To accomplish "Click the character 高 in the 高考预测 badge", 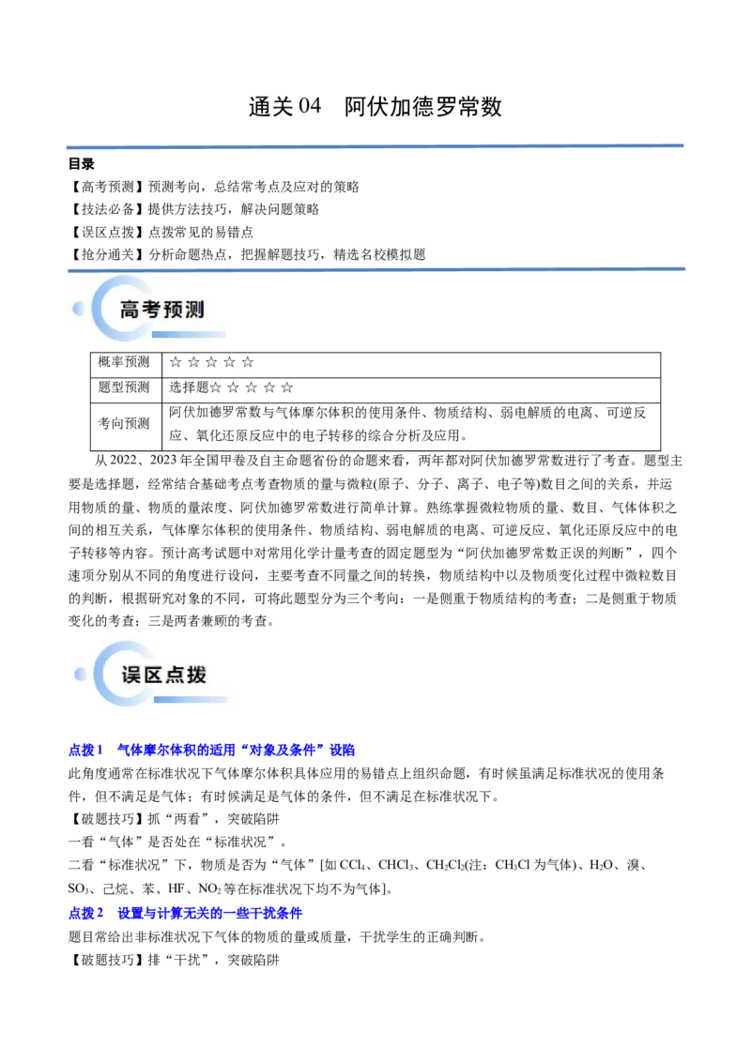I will pos(130,310).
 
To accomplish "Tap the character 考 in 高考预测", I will pos(151,310).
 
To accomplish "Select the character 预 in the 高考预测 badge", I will pos(173,310).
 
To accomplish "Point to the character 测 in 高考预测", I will pos(194,310).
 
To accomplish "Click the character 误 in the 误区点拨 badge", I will pos(131,675).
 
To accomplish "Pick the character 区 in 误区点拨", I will pos(153,675).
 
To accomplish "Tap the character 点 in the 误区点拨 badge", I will pos(175,675).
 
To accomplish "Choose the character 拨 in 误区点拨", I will pos(196,675).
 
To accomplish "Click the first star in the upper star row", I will pos(175,362).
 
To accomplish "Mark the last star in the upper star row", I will pos(248,362).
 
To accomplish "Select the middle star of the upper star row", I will pos(211,362).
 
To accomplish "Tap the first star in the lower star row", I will pos(215,387).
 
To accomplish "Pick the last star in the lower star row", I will pos(287,387).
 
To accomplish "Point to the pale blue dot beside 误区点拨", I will pos(81,673).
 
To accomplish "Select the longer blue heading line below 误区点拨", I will pos(213,751).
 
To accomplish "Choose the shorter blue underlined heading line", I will pos(187,913).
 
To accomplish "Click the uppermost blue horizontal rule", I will pos(375,146).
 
